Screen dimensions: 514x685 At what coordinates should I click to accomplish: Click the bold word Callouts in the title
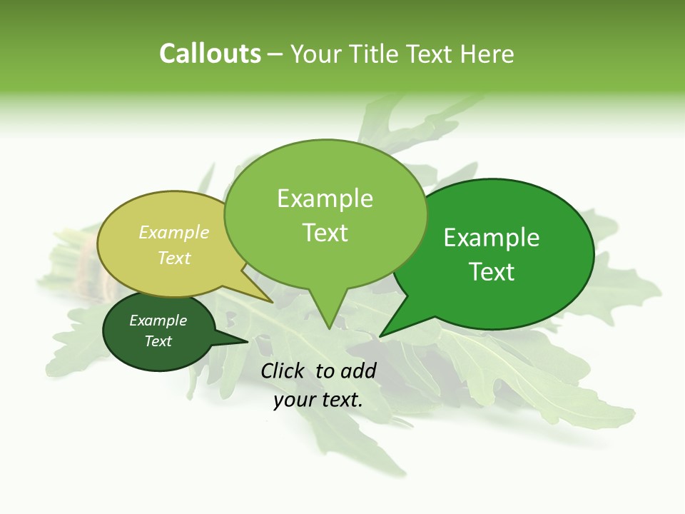[x=210, y=54]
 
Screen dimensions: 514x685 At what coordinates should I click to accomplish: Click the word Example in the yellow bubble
[x=174, y=232]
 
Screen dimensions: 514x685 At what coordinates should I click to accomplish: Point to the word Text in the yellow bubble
[x=174, y=258]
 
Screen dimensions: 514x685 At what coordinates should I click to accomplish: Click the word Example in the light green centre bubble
[x=325, y=198]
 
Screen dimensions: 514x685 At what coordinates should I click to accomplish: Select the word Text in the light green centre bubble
[x=325, y=233]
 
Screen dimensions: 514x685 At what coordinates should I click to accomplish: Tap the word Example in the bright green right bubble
[x=492, y=237]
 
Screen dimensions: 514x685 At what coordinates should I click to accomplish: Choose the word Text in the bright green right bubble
[x=492, y=271]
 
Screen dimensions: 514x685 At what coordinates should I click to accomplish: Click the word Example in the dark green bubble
[x=158, y=321]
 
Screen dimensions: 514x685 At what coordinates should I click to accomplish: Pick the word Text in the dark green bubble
[x=158, y=341]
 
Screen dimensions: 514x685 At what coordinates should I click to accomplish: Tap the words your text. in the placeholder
[x=318, y=400]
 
